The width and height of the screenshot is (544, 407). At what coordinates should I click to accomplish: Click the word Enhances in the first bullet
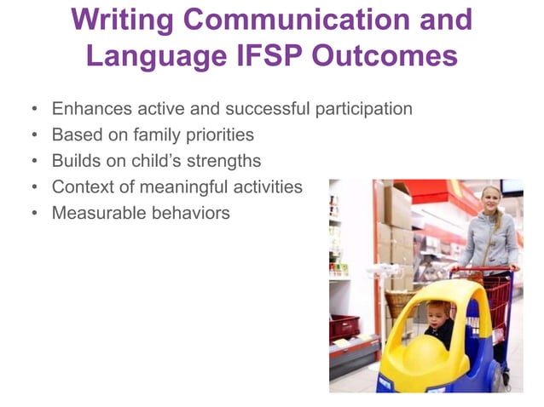[x=87, y=109]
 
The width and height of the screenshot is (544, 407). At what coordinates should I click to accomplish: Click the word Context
[x=82, y=186]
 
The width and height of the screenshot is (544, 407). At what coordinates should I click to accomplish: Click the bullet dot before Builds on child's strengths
[x=33, y=161]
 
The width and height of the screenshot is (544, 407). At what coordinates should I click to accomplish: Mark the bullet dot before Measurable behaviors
[x=33, y=213]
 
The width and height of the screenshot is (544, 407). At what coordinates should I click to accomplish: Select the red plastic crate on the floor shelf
[x=344, y=328]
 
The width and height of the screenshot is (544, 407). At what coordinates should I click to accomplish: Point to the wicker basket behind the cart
[x=398, y=303]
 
